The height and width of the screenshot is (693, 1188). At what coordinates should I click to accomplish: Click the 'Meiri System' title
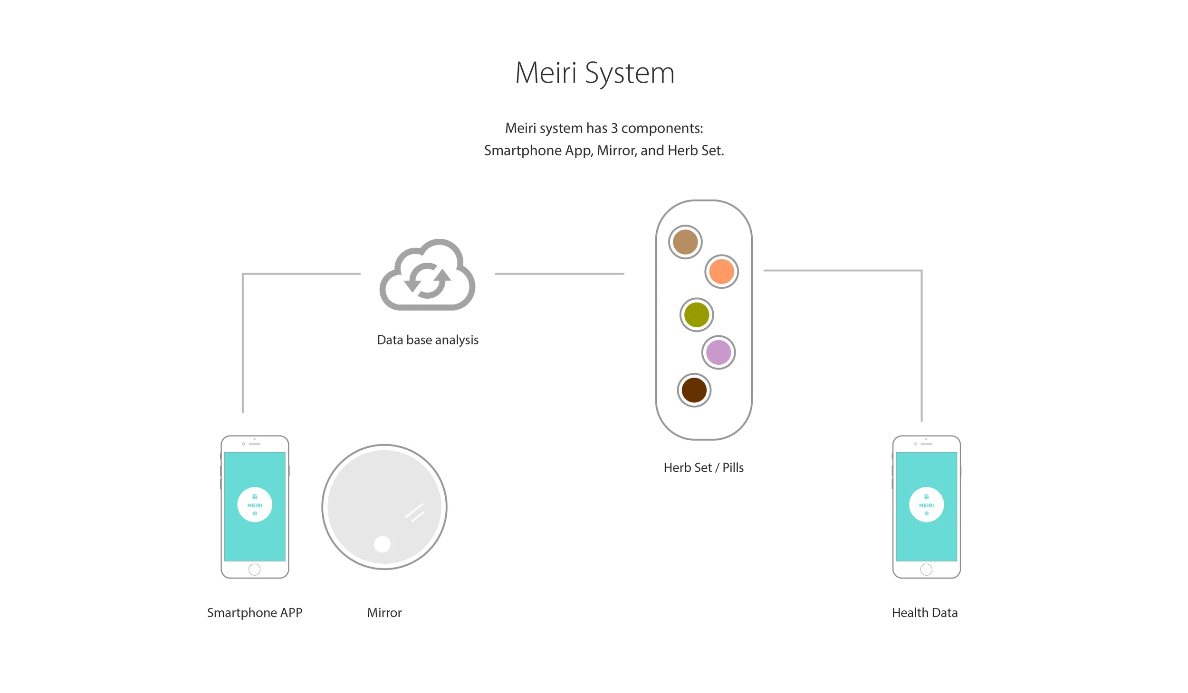[594, 73]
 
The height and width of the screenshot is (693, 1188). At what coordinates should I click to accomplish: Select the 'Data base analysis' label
[427, 340]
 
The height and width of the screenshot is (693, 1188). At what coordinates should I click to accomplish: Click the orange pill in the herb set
[721, 272]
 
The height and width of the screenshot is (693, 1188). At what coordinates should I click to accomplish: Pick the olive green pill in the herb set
[696, 315]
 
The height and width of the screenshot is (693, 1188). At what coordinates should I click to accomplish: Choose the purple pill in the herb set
[718, 352]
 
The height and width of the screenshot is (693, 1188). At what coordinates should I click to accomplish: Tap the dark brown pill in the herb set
[694, 390]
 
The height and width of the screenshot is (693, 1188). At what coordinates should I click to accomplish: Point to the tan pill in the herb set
[685, 242]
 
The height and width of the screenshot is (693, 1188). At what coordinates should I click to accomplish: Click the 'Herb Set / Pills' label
[703, 468]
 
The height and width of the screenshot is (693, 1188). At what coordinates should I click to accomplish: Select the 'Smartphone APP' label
[254, 613]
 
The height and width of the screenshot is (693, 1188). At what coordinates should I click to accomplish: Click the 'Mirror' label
[384, 613]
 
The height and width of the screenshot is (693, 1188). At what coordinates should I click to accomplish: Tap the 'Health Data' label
[924, 613]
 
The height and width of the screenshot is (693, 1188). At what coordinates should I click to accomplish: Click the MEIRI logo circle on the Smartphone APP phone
[255, 505]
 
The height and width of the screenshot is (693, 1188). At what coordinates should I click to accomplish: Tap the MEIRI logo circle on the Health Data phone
[926, 505]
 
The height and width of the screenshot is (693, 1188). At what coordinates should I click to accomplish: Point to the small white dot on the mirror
[382, 544]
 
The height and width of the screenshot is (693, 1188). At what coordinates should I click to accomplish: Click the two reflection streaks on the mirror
[415, 513]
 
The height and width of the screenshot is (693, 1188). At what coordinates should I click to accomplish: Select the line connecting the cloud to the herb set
[559, 274]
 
